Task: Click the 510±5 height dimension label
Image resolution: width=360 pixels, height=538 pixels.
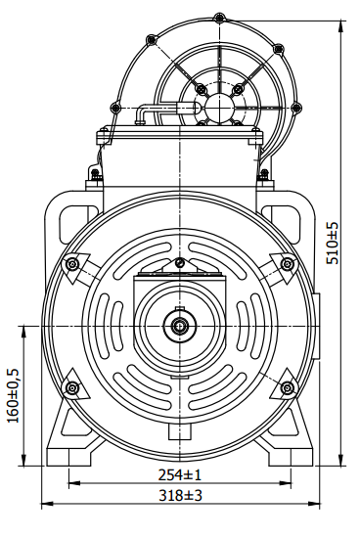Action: coord(332,243)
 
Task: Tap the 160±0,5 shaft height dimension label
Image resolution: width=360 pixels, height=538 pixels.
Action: coord(13,395)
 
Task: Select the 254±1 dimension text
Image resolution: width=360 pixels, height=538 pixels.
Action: coord(179,474)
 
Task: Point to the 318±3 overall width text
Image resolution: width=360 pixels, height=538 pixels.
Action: coord(180,496)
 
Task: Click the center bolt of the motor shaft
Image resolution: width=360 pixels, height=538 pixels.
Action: coord(179,326)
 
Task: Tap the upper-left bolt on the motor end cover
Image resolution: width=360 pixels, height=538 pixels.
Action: coord(72,264)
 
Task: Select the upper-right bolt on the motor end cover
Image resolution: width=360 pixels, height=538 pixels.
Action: coord(287,264)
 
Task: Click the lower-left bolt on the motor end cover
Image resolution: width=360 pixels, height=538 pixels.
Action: coord(72,388)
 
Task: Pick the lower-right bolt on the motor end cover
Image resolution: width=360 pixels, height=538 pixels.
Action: coord(287,388)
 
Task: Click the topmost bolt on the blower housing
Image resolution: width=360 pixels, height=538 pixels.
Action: coord(219,19)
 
